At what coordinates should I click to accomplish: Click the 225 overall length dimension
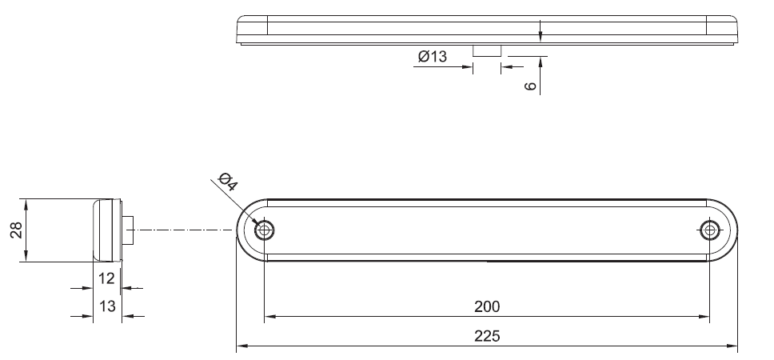coord(487,336)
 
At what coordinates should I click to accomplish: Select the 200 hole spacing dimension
coord(487,306)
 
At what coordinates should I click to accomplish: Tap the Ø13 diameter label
coord(432,57)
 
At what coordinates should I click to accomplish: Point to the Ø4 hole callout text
coord(228,182)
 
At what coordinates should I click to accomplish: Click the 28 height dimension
coord(17,230)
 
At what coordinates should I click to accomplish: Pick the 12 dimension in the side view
coord(106,278)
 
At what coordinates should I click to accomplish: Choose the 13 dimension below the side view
coord(107,306)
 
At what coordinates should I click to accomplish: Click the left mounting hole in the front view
coord(265,230)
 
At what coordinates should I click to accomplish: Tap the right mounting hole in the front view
coord(710,230)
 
